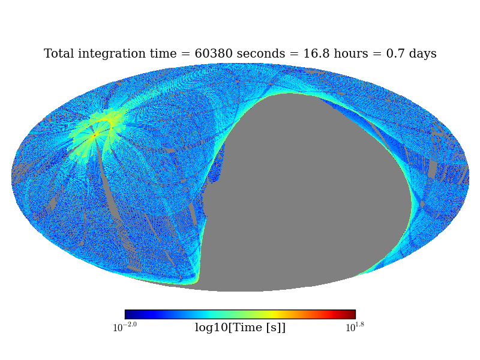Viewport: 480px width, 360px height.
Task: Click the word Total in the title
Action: click(x=59, y=54)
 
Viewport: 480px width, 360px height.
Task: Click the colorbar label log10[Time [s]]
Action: click(x=240, y=328)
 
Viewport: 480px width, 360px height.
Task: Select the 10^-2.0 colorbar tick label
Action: click(x=125, y=328)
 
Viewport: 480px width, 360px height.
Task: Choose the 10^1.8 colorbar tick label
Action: click(x=355, y=328)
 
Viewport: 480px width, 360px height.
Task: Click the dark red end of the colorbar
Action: click(x=352, y=314)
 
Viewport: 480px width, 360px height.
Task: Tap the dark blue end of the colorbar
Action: click(x=128, y=314)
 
